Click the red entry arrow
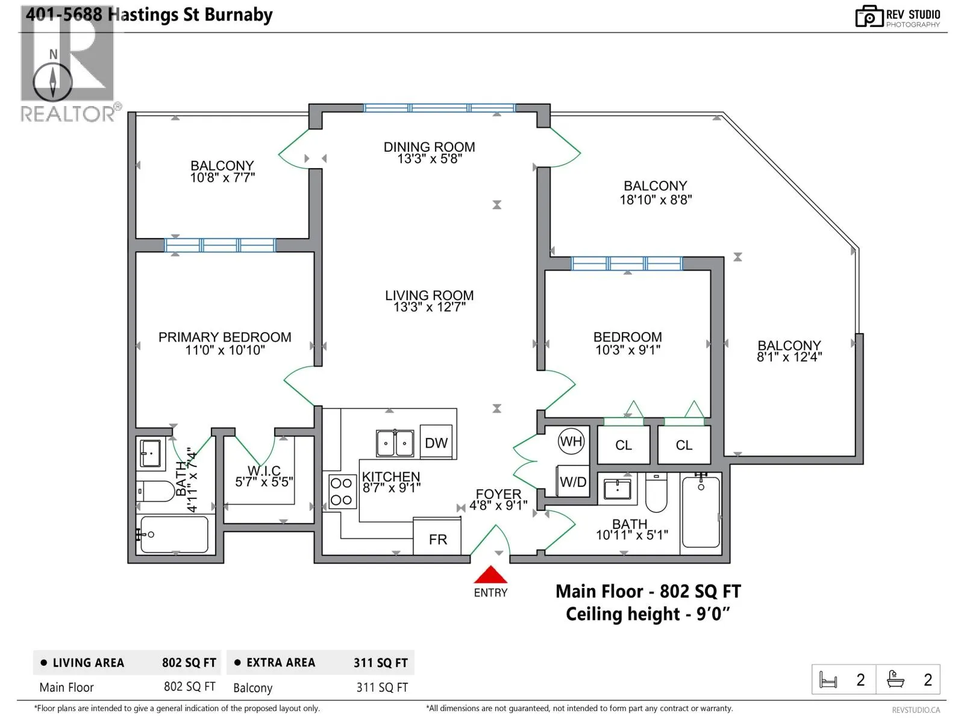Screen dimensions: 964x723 coord(490,575)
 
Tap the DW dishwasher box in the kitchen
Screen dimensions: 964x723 coord(436,442)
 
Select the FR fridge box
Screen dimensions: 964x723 coord(437,537)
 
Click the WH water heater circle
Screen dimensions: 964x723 coord(571,441)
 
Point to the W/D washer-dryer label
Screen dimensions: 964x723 coord(573,481)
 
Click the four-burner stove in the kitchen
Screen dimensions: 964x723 coord(341,492)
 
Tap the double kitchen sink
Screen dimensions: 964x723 coord(395,443)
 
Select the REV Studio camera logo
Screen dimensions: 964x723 coord(869,17)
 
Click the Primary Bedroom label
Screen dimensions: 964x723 coord(224,337)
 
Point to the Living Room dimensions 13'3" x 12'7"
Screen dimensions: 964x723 coord(429,307)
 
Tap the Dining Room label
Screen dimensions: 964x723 coord(429,146)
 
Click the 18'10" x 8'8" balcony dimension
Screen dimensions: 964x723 coord(656,200)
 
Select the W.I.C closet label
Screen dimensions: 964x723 coord(263,470)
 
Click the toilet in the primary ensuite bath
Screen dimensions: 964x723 coord(155,491)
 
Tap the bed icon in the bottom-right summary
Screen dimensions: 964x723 coord(828,680)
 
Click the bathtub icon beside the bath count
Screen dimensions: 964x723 coord(895,678)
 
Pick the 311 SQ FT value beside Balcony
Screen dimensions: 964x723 coord(381,687)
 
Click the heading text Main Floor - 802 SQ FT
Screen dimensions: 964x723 coord(648,591)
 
